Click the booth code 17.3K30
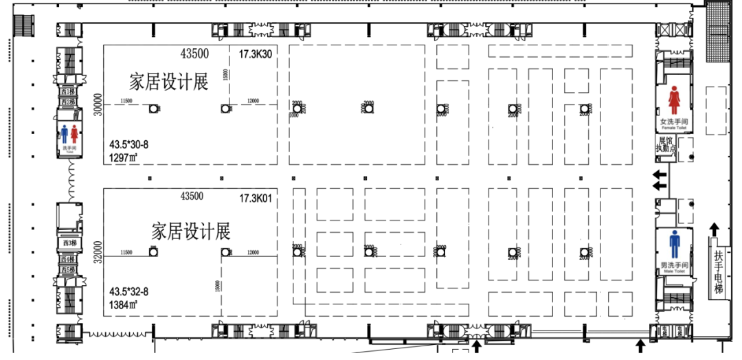pos(256,54)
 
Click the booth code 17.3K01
pos(256,198)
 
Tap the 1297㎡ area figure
pos(124,157)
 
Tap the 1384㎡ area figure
pos(124,304)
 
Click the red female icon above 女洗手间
pos(674,101)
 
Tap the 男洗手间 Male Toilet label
pos(674,267)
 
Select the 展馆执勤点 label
pos(666,144)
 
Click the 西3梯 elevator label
pos(68,243)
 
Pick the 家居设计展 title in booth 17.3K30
pos(169,82)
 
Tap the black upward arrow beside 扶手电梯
pos(715,229)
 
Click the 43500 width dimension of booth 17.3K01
pos(192,196)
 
